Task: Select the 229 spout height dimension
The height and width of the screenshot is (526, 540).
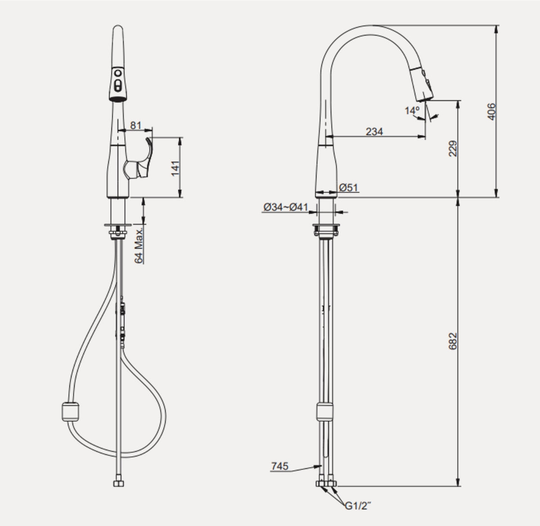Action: click(x=453, y=148)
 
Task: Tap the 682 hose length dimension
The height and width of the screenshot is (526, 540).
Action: click(x=453, y=341)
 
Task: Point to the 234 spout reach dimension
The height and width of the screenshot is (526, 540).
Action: click(x=374, y=131)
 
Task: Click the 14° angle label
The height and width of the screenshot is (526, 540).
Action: click(x=411, y=110)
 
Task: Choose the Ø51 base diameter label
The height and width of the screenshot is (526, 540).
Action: click(x=349, y=188)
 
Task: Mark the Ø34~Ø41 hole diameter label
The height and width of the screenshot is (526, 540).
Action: click(x=286, y=207)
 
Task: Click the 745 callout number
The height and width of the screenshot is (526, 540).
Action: click(x=280, y=467)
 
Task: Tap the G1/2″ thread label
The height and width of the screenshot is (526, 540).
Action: click(x=357, y=506)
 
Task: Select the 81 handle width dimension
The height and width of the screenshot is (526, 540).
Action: click(x=135, y=125)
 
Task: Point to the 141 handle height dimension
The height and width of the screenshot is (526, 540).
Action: click(x=175, y=167)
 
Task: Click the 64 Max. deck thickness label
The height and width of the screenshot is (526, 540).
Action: click(x=139, y=245)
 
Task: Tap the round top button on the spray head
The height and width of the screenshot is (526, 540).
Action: click(x=118, y=72)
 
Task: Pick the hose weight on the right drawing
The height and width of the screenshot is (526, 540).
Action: click(x=326, y=411)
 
